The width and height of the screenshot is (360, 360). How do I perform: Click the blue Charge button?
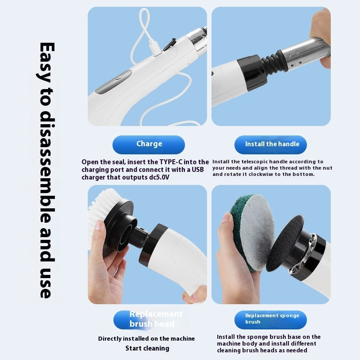[148, 144]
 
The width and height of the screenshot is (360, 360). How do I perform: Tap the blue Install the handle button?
[270, 144]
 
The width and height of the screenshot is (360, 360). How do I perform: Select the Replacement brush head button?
[149, 319]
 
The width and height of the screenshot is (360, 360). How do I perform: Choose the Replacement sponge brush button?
[270, 319]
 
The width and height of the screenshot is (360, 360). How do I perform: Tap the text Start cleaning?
[147, 348]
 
